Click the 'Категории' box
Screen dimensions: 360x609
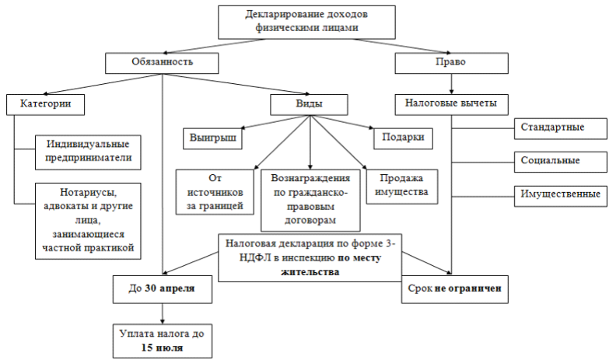click(44, 103)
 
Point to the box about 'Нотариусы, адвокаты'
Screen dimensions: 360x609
click(87, 218)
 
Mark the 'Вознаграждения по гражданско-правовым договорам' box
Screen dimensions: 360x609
click(310, 197)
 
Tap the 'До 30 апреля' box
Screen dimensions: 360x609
click(163, 288)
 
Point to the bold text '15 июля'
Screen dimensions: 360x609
click(163, 347)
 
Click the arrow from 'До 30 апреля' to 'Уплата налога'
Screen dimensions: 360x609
click(163, 313)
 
